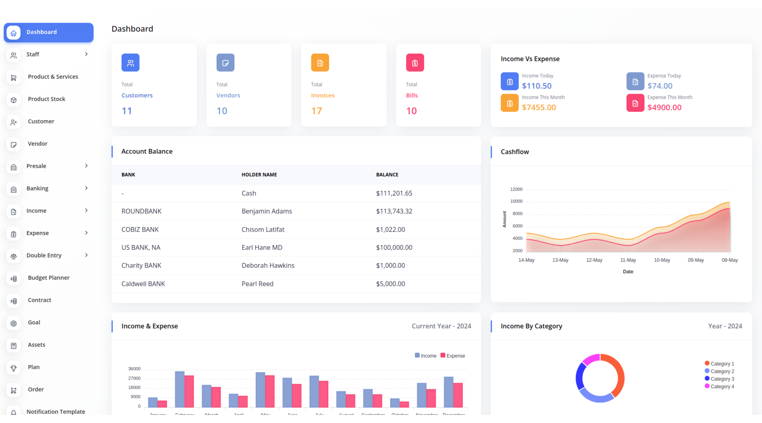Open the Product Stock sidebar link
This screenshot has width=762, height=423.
pos(46,99)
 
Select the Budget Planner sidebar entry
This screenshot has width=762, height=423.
pos(48,277)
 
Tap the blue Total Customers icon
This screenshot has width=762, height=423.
pos(130,63)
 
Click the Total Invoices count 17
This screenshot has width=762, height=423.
pos(316,111)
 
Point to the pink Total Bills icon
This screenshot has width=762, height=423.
pos(415,63)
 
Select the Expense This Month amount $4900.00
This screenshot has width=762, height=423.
pos(664,107)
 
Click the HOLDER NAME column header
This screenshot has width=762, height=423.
pos(259,175)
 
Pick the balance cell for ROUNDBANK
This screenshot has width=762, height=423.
pos(394,211)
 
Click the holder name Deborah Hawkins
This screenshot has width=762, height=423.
pos(268,265)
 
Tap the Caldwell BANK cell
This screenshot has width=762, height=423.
pos(143,284)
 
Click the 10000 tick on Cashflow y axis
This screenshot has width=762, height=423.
pos(516,201)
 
